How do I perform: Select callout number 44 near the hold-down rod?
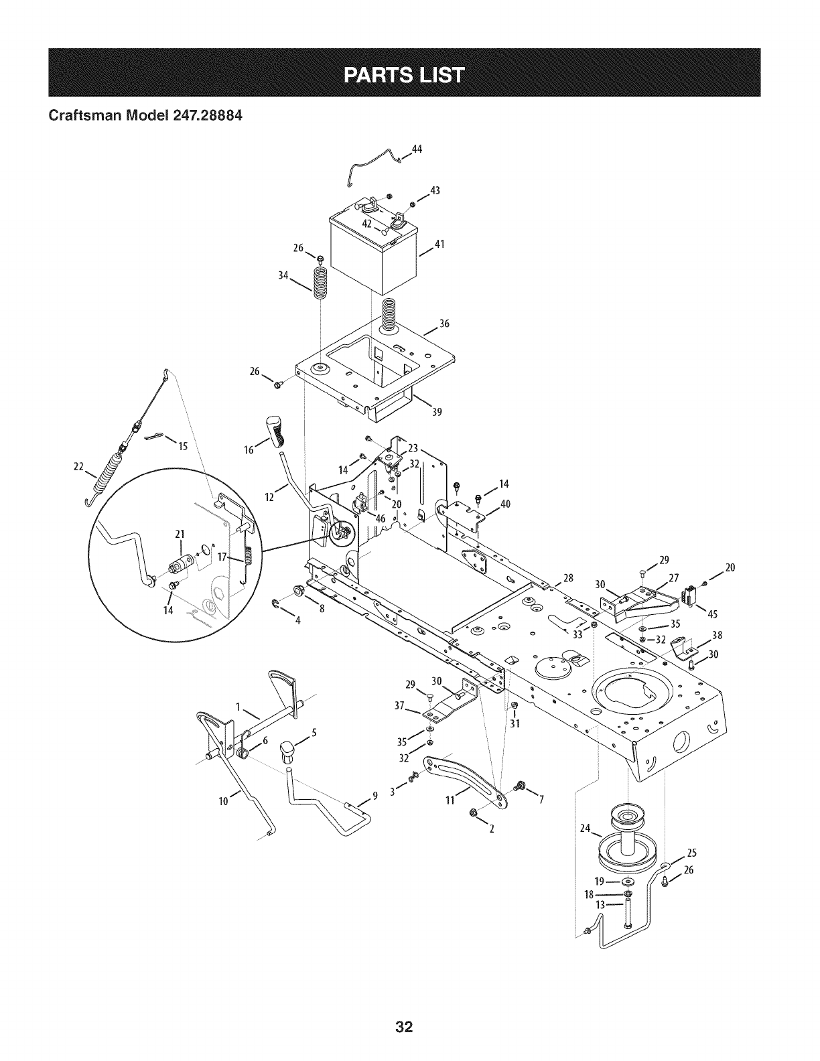click(416, 149)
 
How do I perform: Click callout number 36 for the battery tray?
click(443, 324)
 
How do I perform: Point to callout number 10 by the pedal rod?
click(224, 799)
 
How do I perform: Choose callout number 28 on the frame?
click(568, 578)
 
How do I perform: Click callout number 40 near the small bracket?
click(505, 504)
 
